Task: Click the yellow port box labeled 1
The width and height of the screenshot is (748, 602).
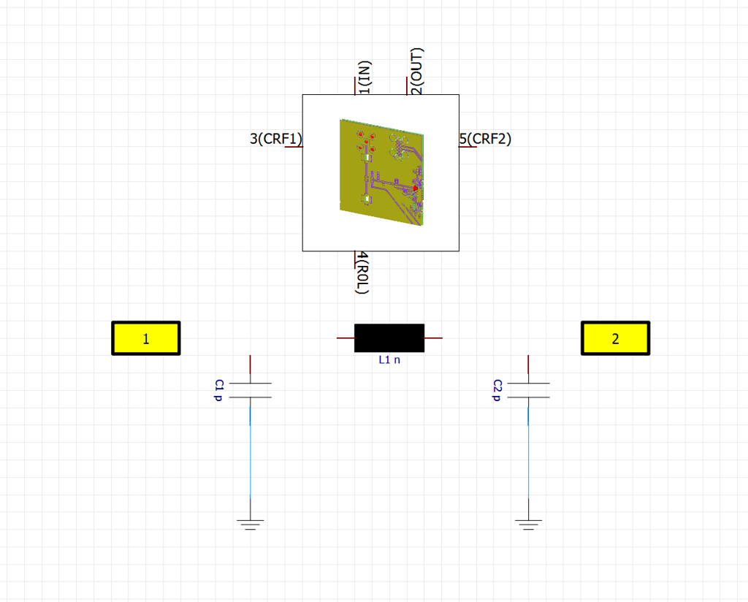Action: [x=146, y=338]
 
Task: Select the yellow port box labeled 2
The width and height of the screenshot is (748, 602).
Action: [x=615, y=338]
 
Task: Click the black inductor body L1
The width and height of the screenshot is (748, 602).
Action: [x=389, y=338]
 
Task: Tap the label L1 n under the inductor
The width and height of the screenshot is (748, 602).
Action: [x=389, y=360]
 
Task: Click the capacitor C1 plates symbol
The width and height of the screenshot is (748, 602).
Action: [x=250, y=390]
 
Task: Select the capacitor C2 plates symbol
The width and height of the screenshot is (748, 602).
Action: [x=528, y=390]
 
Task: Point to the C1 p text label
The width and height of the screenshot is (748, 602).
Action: [x=219, y=390]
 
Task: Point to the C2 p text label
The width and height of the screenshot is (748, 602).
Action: [x=497, y=390]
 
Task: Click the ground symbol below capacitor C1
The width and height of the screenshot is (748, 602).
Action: [x=250, y=525]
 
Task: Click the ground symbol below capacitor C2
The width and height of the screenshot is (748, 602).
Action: [x=528, y=525]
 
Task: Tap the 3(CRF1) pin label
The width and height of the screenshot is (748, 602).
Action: [x=276, y=139]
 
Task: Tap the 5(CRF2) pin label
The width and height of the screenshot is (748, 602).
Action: [x=485, y=139]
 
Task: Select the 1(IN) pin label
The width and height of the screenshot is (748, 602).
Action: [x=365, y=77]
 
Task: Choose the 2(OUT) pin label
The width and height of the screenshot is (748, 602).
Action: [x=416, y=71]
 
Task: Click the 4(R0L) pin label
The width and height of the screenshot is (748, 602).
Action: [x=362, y=273]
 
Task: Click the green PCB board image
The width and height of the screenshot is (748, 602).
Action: [x=381, y=172]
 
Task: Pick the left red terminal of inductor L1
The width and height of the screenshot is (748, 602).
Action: [x=346, y=338]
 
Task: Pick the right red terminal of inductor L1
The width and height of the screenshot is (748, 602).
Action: [x=433, y=338]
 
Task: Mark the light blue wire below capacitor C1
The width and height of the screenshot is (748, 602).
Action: [x=250, y=453]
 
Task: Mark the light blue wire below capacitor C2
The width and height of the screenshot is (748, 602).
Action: [x=528, y=453]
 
